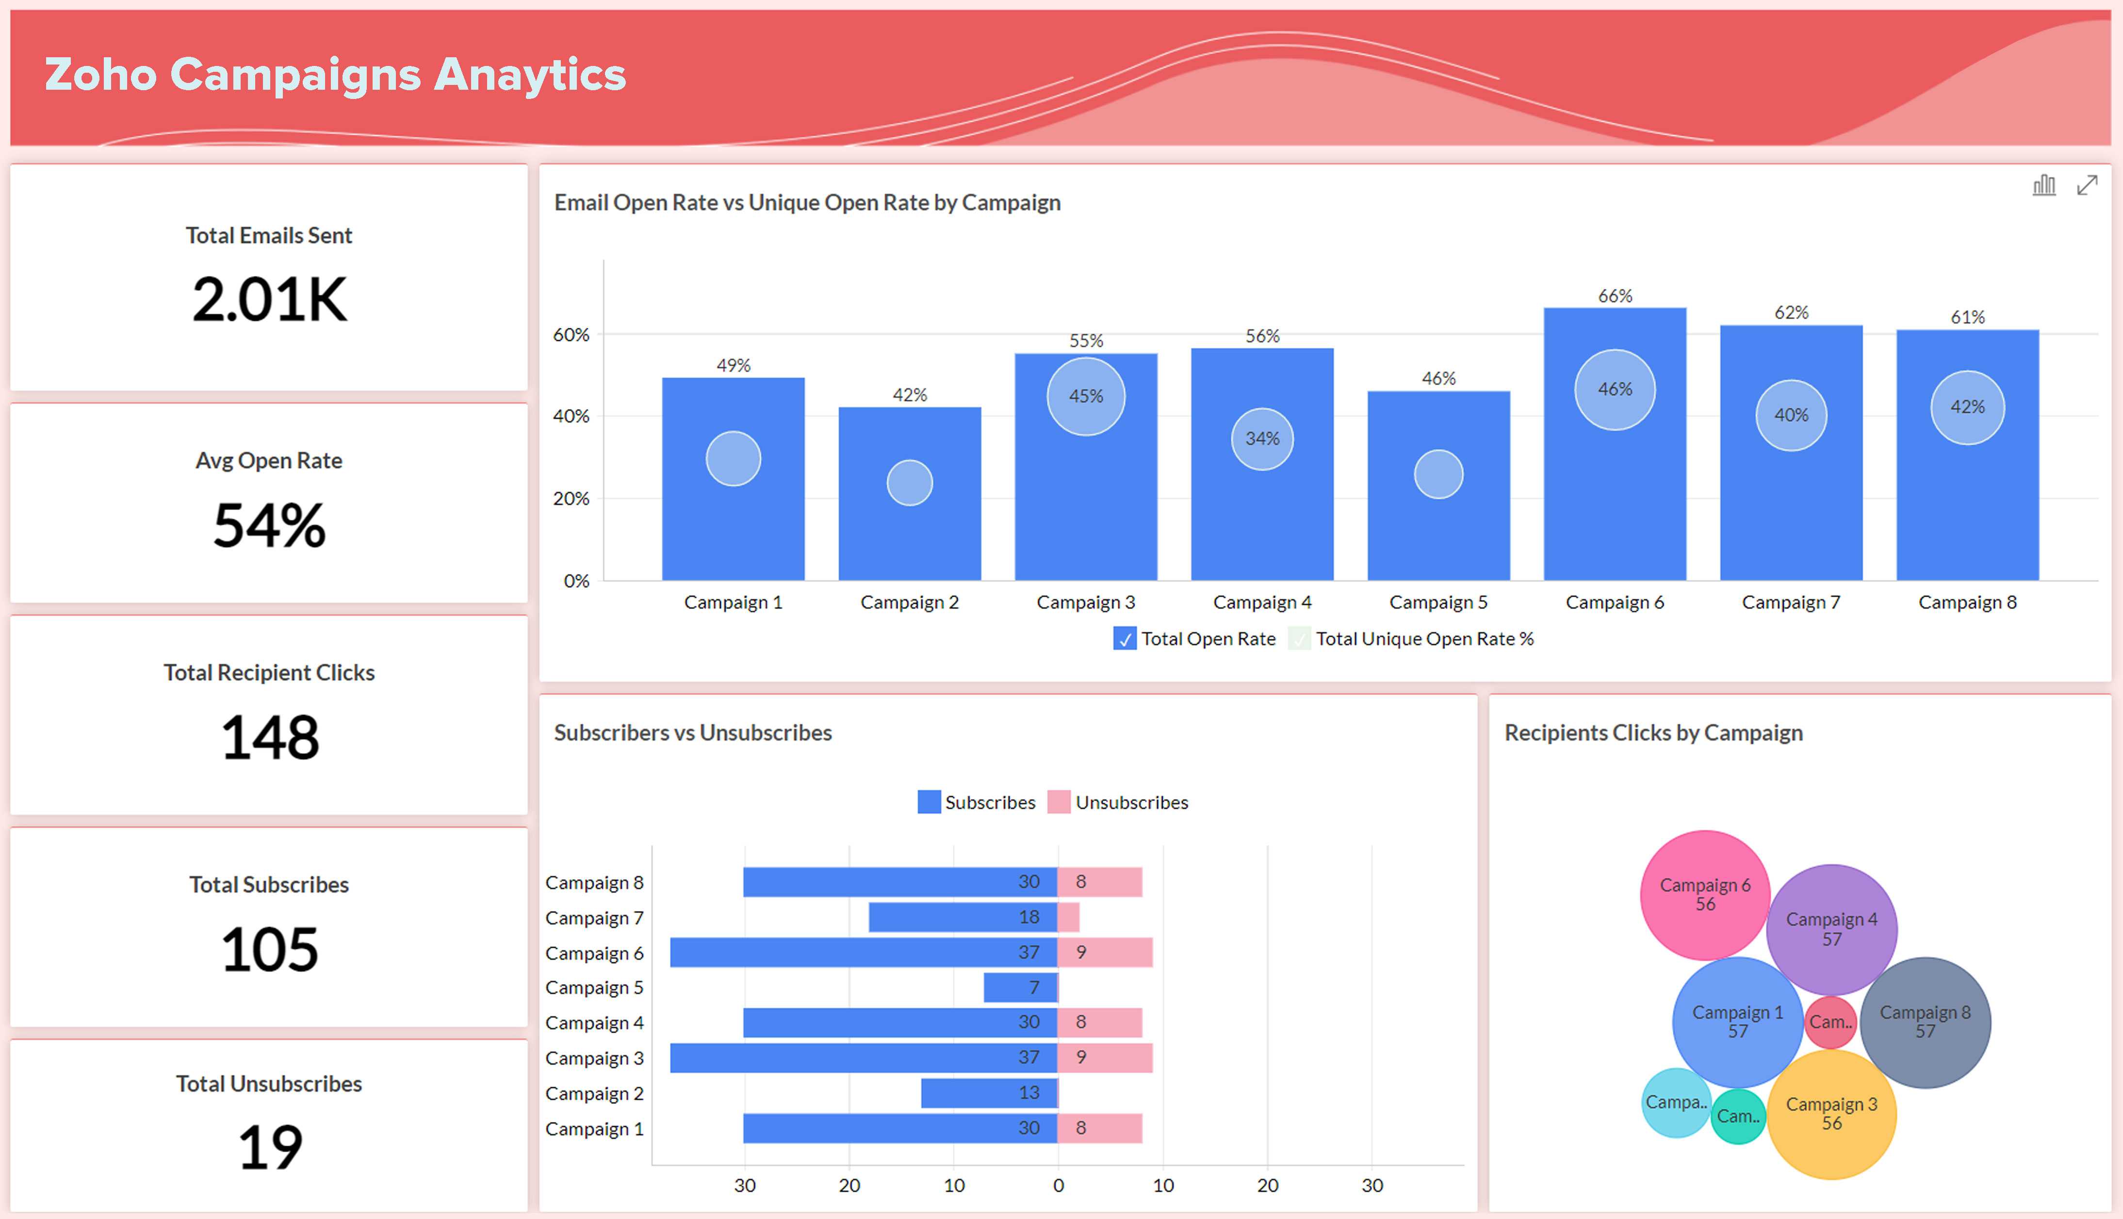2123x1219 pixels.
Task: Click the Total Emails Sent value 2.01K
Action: tap(269, 300)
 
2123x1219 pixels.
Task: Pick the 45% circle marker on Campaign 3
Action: tap(1086, 396)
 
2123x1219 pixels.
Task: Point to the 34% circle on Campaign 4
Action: tap(1261, 439)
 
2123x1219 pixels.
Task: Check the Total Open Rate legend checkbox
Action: tap(1124, 639)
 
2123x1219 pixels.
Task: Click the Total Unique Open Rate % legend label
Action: tap(1424, 639)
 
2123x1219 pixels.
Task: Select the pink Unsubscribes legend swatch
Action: tap(1058, 802)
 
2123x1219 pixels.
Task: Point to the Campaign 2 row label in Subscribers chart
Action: tap(594, 1093)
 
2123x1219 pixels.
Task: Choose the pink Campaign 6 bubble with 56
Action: tap(1704, 894)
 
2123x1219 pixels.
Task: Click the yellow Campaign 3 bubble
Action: tap(1831, 1114)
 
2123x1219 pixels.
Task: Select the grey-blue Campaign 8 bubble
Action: tap(1925, 1022)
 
